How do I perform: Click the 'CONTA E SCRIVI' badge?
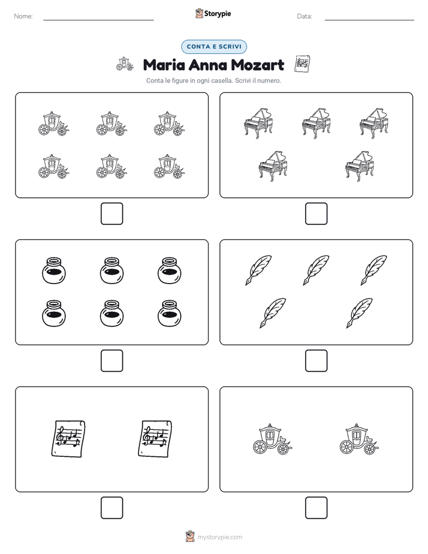[213, 47]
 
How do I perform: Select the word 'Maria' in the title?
[164, 65]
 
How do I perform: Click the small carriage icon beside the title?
[125, 64]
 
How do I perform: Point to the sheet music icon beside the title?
[302, 64]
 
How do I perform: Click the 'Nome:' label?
[23, 16]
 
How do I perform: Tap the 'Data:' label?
[305, 16]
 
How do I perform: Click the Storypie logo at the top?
[213, 13]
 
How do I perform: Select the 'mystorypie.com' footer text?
[219, 537]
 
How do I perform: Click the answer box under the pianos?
[316, 214]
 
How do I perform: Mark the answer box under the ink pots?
[111, 361]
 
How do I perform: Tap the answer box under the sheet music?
[111, 508]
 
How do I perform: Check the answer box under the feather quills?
[316, 361]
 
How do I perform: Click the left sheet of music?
[68, 439]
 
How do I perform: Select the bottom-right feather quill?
[359, 313]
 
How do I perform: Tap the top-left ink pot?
[54, 270]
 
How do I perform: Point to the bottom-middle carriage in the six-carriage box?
[111, 166]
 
